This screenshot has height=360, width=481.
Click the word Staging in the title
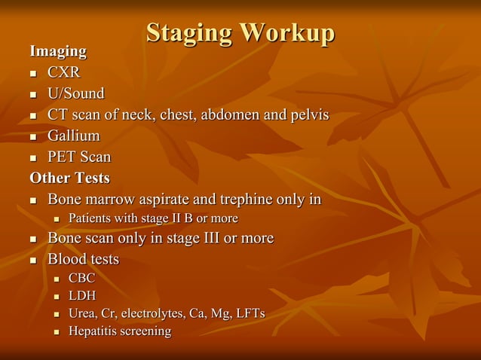click(188, 33)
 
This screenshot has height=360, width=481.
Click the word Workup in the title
click(286, 33)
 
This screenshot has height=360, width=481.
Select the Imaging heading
click(57, 51)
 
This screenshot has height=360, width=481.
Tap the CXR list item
click(64, 73)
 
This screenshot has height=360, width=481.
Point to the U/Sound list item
click(75, 94)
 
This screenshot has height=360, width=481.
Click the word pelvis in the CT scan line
click(306, 115)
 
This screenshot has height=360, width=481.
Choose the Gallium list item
click(73, 136)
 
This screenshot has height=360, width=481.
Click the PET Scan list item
click(79, 157)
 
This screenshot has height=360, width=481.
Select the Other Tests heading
click(69, 178)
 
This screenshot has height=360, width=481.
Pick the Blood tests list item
click(83, 259)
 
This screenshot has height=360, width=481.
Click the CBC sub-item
click(81, 278)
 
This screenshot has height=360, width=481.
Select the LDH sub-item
click(82, 295)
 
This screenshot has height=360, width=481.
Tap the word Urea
click(82, 313)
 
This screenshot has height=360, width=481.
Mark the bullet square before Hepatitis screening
click(56, 331)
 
